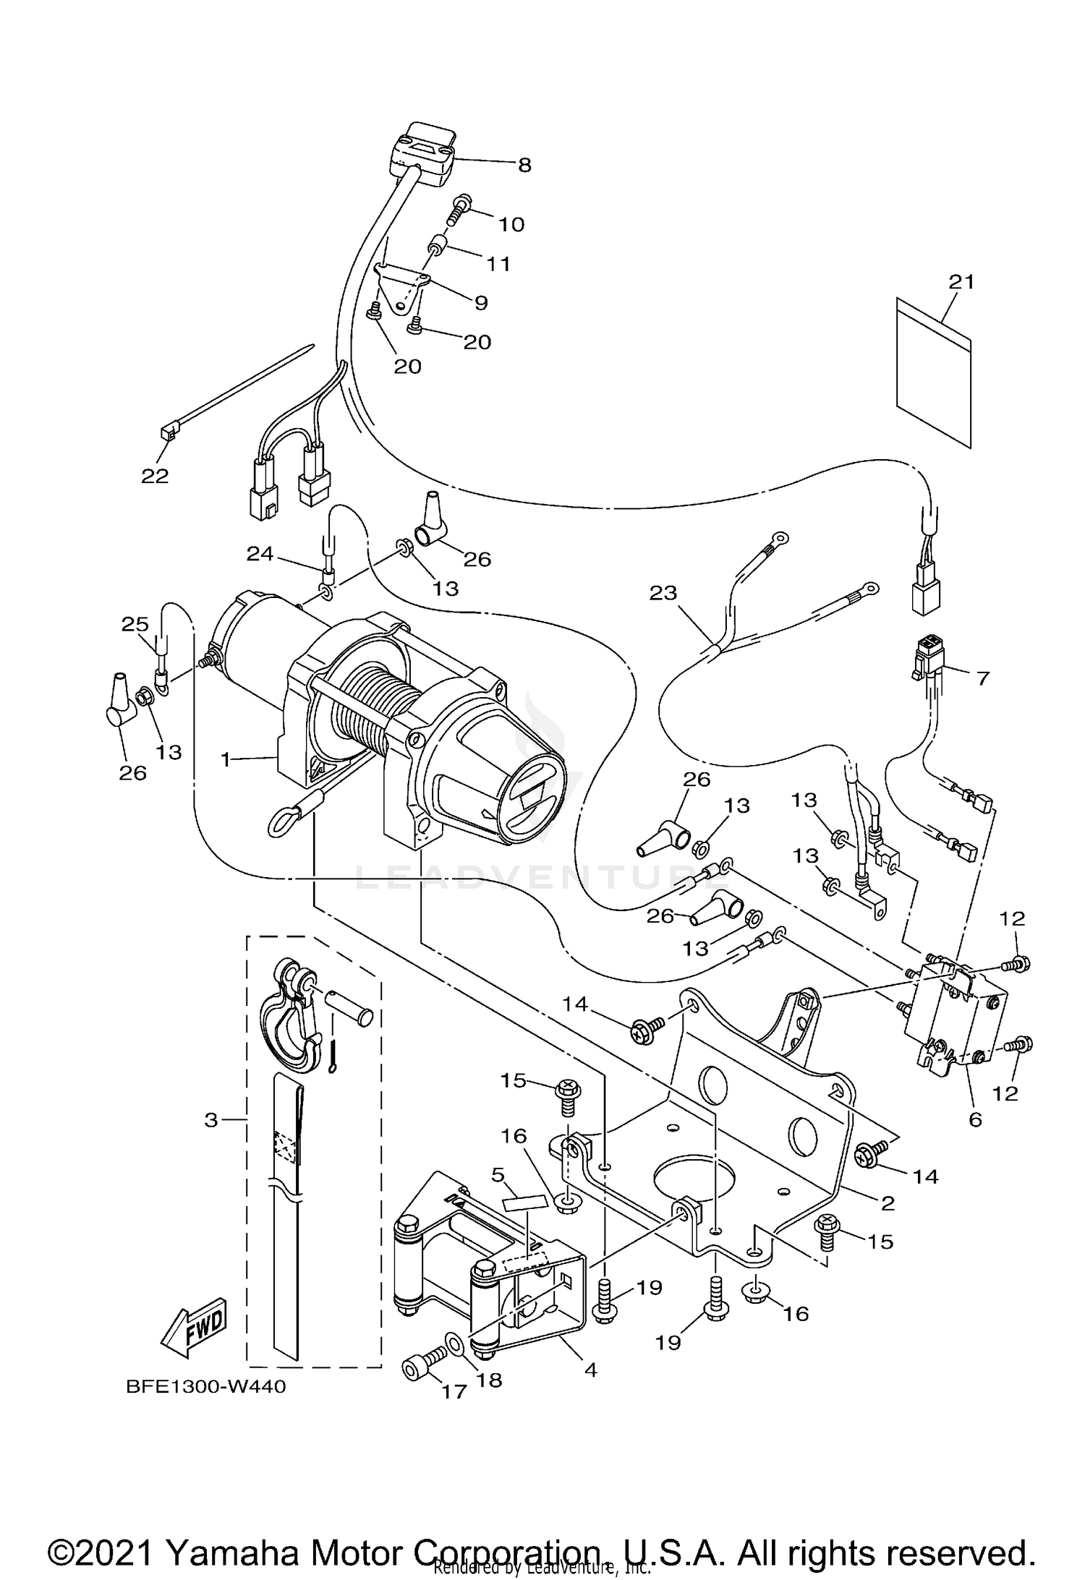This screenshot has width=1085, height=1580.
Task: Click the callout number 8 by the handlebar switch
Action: (x=524, y=166)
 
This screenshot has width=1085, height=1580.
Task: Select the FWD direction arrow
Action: (x=194, y=1329)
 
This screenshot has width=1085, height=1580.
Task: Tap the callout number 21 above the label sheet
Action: (x=962, y=281)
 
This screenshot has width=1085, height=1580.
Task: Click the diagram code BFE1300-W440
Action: (x=205, y=1387)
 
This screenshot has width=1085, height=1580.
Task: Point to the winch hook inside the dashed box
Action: (x=289, y=1022)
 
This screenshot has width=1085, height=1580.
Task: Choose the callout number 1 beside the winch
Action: (x=226, y=759)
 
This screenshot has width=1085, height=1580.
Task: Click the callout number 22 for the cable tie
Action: (x=155, y=476)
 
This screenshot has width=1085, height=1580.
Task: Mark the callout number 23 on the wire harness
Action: (x=663, y=593)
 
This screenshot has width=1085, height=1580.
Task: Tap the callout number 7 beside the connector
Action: (x=982, y=678)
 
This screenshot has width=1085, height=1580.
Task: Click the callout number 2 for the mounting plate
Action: (x=888, y=1203)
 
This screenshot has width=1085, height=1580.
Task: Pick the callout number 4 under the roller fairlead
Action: (x=590, y=1370)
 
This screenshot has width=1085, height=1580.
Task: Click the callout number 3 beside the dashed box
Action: (x=210, y=1121)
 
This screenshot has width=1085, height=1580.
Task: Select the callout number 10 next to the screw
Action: (x=511, y=224)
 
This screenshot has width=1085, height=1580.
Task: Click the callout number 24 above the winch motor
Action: (x=260, y=554)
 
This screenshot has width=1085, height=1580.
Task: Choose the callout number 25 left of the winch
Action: (x=135, y=624)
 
